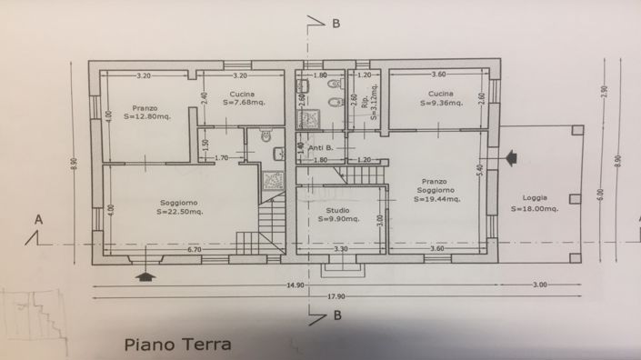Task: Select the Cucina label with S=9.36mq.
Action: click(442, 95)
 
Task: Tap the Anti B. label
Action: click(322, 148)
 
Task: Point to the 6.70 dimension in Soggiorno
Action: click(194, 249)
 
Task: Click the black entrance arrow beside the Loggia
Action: click(512, 159)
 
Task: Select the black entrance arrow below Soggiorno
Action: click(143, 274)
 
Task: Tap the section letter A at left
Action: click(38, 219)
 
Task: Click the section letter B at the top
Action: click(336, 24)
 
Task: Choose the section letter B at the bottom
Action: click(337, 316)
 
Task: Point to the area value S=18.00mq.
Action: click(536, 208)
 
